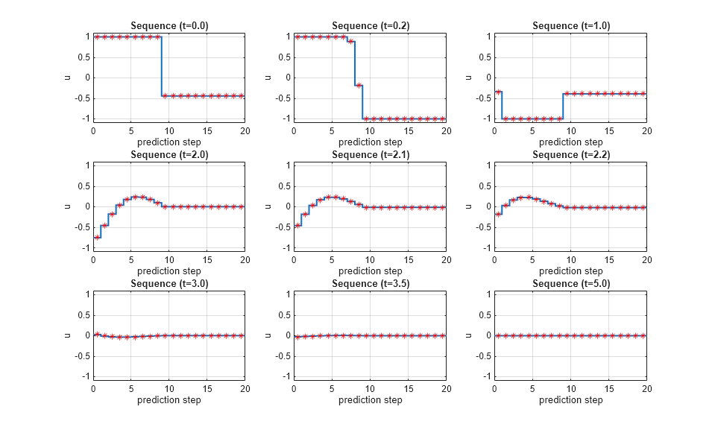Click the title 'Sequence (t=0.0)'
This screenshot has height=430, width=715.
[x=169, y=26]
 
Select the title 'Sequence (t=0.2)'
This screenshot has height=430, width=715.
[x=370, y=26]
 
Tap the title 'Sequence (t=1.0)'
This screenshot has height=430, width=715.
[x=571, y=26]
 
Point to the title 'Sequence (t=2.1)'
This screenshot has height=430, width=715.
[x=370, y=155]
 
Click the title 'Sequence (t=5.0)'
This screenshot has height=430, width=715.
[x=571, y=284]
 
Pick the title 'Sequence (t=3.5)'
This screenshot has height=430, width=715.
[x=370, y=284]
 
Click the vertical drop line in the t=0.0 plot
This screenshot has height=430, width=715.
[x=162, y=67]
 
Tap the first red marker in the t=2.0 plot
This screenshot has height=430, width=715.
[x=97, y=237]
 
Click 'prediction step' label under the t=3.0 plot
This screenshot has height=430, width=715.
[x=169, y=400]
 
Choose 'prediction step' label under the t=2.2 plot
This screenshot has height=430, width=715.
[x=571, y=271]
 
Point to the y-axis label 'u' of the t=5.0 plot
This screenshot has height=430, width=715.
[x=467, y=335]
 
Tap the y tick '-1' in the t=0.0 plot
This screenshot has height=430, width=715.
[x=84, y=118]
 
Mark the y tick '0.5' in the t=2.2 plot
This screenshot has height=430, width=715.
[x=482, y=186]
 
